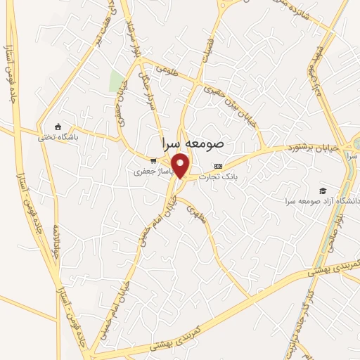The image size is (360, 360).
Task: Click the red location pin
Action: coord(181,165)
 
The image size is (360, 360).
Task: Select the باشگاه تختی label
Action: coord(79,137)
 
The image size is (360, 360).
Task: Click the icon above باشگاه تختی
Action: coord(67,126)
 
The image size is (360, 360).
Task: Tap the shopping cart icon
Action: coord(153,160)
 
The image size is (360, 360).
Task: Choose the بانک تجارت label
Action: coord(218,177)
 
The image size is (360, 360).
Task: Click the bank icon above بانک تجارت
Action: coord(218,167)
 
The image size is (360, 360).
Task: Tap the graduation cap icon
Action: coord(323,191)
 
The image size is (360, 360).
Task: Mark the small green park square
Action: coord(116,81)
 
